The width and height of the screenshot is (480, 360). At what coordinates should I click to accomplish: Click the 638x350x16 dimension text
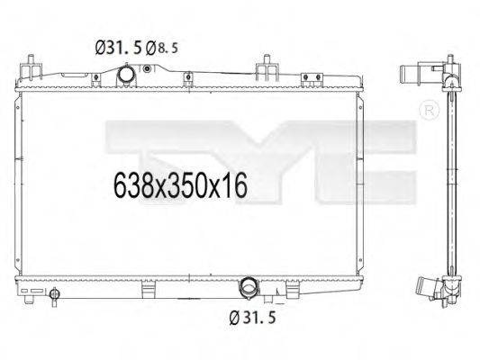(180, 187)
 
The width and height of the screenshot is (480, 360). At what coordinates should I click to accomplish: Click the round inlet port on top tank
(127, 78)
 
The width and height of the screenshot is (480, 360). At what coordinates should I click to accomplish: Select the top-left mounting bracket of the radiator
(32, 68)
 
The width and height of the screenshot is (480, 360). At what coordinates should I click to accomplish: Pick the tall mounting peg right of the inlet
(268, 70)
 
